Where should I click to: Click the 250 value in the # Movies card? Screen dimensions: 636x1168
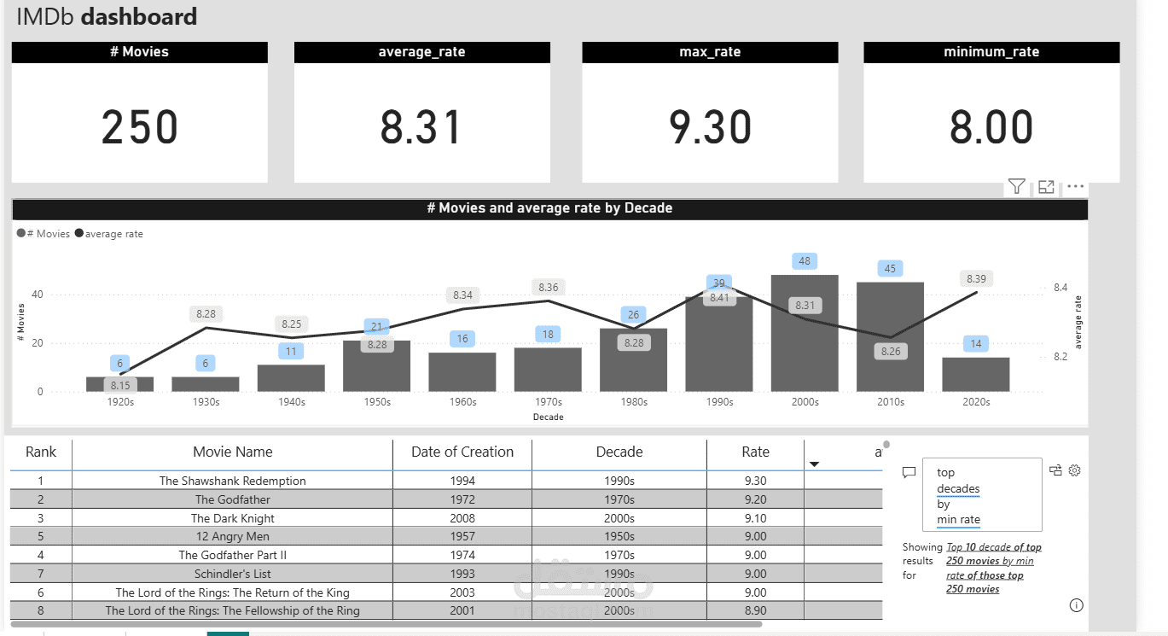coord(140,128)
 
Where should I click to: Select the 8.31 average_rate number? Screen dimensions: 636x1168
coord(421,128)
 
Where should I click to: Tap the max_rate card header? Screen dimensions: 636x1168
coord(710,52)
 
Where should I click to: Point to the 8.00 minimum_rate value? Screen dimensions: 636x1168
coord(991,128)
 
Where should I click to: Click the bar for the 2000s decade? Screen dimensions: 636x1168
coord(805,334)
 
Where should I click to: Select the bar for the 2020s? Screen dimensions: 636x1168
coord(976,375)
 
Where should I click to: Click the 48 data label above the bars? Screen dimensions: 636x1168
coord(805,260)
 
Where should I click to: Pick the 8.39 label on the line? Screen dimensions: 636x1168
coord(976,278)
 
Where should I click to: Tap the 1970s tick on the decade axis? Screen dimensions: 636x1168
coord(548,402)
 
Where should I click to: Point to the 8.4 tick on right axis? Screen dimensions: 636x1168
coord(1060,288)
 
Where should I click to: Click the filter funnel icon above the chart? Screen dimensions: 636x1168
coord(1016,186)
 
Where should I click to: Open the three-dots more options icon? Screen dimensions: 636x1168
coord(1075,186)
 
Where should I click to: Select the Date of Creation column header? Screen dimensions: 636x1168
coord(462,452)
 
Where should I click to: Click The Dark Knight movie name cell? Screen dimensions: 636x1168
coord(233,518)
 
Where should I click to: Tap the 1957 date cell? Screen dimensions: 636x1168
coord(462,537)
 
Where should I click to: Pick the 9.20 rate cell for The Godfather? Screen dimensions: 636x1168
coord(755,499)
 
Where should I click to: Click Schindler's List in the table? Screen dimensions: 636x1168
coord(233,574)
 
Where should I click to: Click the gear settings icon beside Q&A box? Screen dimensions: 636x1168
coord(1075,470)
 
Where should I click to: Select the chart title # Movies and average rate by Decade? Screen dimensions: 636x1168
coord(549,208)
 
